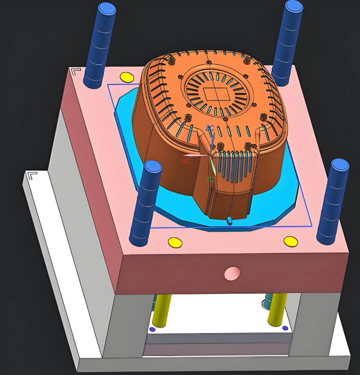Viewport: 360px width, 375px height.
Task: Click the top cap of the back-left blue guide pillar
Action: tap(106, 8)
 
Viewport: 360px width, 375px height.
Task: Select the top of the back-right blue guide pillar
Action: tap(294, 6)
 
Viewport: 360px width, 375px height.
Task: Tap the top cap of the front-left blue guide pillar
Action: tap(153, 166)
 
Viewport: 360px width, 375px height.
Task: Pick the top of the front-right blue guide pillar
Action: tap(340, 165)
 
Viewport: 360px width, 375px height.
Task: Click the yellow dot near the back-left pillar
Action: tap(126, 77)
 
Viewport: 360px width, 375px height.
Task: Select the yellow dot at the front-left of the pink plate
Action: tap(175, 243)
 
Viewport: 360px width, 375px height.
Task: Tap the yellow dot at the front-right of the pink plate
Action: tap(291, 242)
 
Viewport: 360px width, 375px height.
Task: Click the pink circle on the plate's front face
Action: tap(232, 274)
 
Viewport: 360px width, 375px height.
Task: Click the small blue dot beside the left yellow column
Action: tap(152, 329)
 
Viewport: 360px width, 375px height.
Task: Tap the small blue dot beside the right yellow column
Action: tap(285, 328)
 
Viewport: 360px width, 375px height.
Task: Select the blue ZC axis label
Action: tap(209, 128)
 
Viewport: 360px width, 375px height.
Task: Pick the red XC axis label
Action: tap(186, 161)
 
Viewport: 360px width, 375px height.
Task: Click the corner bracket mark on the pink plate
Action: tap(75, 72)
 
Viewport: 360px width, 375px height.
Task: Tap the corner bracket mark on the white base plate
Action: tap(32, 176)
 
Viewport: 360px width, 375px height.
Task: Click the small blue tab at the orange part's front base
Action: tap(229, 220)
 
